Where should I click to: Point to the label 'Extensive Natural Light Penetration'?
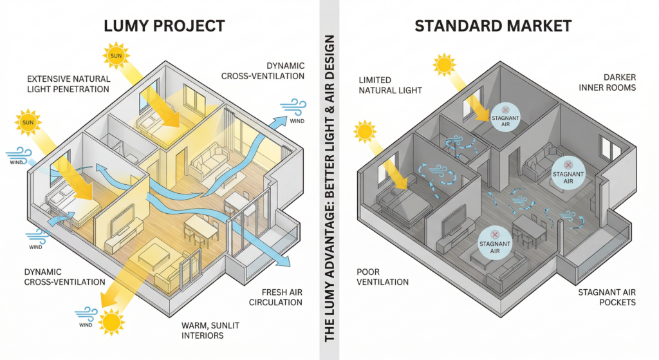[68, 84]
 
